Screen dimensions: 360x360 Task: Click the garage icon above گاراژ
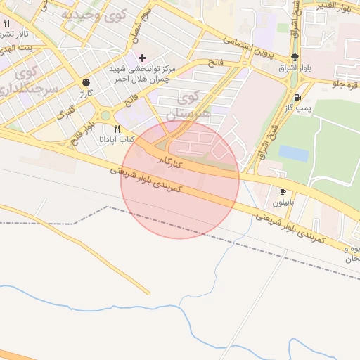click(x=86, y=82)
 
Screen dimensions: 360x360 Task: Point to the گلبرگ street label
click(x=66, y=112)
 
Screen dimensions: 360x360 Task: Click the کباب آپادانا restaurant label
click(x=117, y=140)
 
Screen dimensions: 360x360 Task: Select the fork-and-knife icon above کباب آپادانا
click(x=117, y=129)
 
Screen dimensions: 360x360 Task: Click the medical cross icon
click(x=142, y=58)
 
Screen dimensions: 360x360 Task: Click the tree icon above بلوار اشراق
click(x=294, y=58)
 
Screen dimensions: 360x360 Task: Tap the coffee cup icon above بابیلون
click(x=283, y=191)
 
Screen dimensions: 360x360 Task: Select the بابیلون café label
click(x=284, y=202)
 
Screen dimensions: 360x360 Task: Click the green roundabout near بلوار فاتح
click(x=106, y=115)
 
